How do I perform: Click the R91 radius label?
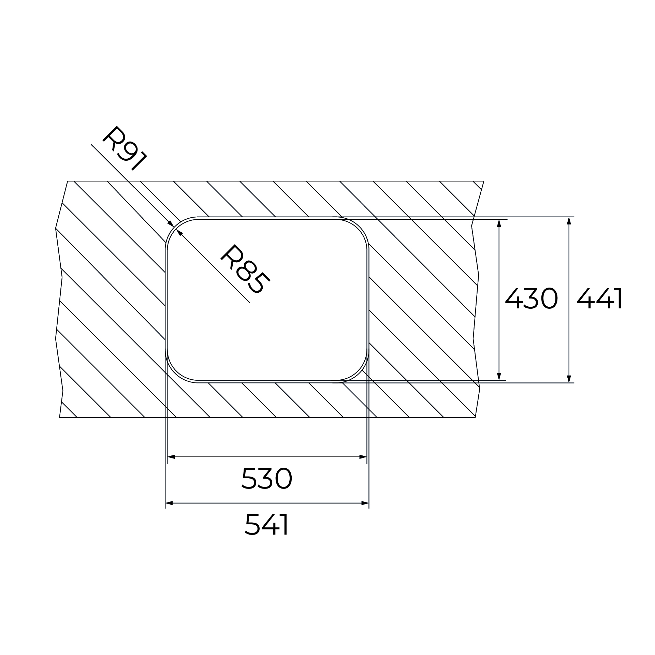pos(125,148)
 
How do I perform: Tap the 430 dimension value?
pos(531,299)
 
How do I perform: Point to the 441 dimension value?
pos(599,299)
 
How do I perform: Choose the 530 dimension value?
pos(267,478)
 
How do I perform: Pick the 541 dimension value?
pos(267,525)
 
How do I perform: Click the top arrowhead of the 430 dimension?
pos(499,223)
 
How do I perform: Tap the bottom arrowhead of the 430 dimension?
pos(499,376)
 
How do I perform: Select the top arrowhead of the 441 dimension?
pos(569,221)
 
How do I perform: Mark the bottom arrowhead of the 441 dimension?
pos(569,379)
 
